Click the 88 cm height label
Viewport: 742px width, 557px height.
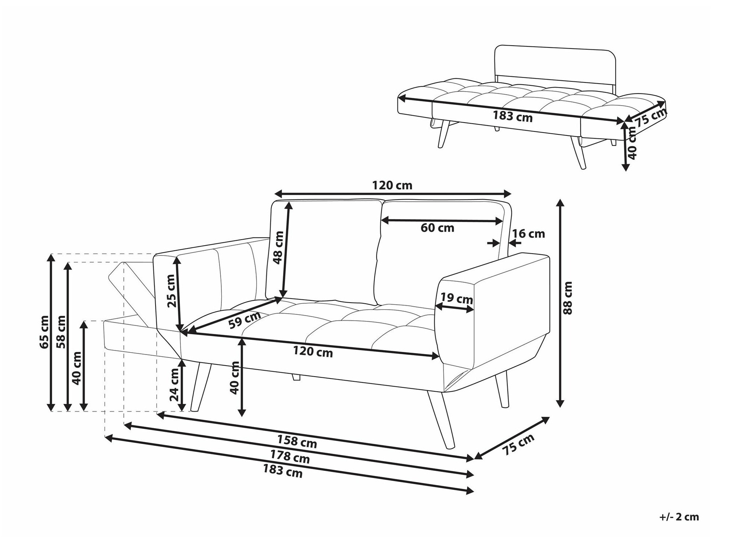click(x=568, y=297)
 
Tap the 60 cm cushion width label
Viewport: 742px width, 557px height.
click(x=437, y=228)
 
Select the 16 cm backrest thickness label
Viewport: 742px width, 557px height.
click(x=528, y=233)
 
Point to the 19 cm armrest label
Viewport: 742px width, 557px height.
click(x=456, y=298)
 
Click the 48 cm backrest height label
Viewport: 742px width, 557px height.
click(x=278, y=247)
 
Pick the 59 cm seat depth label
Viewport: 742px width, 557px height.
click(x=245, y=320)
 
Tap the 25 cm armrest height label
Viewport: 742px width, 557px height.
click(x=171, y=291)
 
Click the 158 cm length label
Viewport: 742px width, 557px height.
click(x=297, y=441)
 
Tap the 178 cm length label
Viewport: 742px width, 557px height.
click(x=290, y=457)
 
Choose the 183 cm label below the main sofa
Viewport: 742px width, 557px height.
click(x=283, y=471)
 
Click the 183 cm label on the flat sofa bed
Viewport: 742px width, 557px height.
click(x=513, y=116)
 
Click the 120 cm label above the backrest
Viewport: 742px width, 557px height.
click(x=392, y=185)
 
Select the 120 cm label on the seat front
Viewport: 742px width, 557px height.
click(x=313, y=352)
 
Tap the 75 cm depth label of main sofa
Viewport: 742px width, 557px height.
click(x=518, y=445)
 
